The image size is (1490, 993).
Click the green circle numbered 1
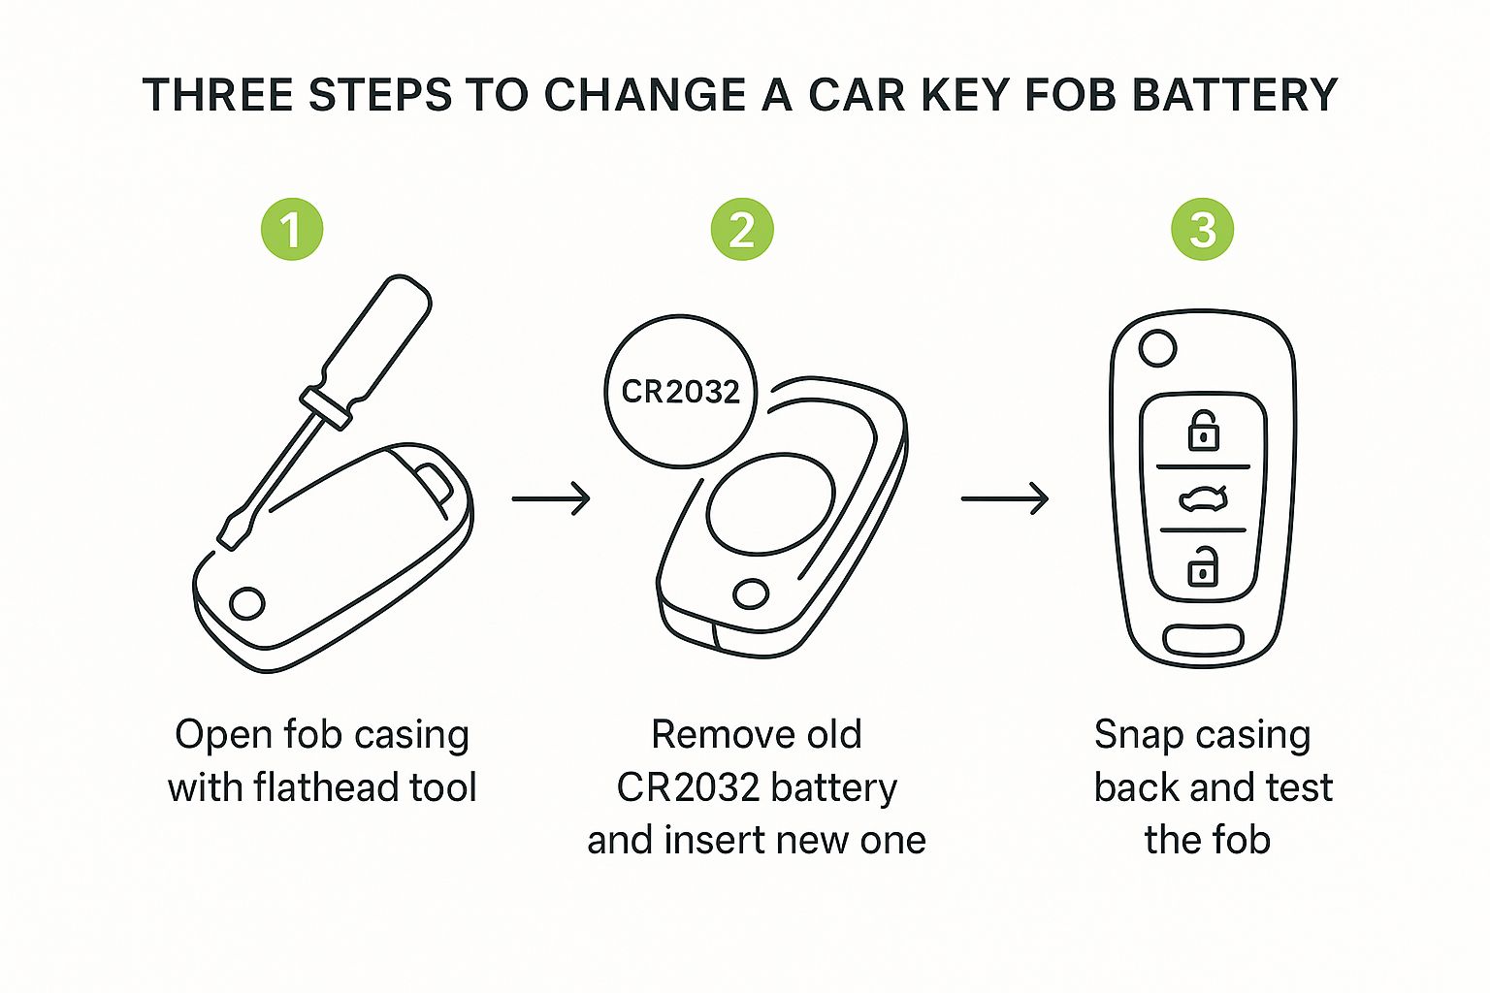click(x=291, y=230)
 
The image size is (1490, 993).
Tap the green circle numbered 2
click(x=742, y=230)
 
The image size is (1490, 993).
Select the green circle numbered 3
click(x=1202, y=230)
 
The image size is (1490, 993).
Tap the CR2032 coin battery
click(x=680, y=391)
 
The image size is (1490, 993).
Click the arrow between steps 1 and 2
click(x=551, y=498)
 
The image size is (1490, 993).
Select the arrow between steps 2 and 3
click(x=1004, y=498)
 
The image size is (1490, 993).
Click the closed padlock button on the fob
click(x=1204, y=431)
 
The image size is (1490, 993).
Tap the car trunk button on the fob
click(x=1203, y=499)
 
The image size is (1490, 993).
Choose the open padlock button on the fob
click(x=1203, y=567)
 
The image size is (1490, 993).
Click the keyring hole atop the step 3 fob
click(x=1157, y=348)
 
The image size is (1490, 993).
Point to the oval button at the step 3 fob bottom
click(x=1203, y=640)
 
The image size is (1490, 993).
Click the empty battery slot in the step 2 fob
click(x=771, y=504)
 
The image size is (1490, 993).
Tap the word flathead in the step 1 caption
click(x=326, y=787)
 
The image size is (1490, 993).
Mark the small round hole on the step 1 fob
click(x=247, y=603)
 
